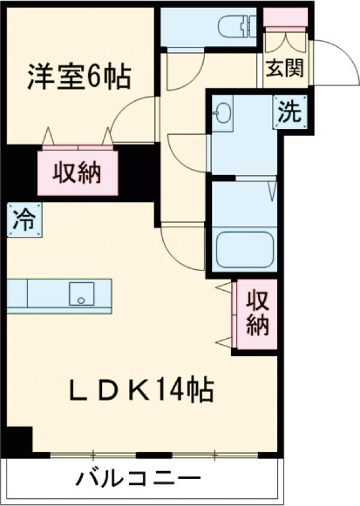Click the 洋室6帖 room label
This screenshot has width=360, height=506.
[x=79, y=77]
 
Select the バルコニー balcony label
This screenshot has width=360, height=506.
[x=138, y=478]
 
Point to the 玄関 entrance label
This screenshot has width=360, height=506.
[x=285, y=68]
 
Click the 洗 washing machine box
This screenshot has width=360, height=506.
[x=290, y=112]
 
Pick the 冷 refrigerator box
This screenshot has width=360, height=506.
[x=25, y=220]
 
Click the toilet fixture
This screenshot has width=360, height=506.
[x=238, y=26]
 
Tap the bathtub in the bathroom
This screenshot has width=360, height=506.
[x=245, y=249]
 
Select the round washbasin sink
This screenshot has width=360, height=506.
[x=223, y=113]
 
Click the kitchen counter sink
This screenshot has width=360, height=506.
[x=81, y=294]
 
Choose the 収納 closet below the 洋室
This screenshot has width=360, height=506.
[x=77, y=173]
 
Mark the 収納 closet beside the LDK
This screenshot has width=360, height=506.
[x=257, y=314]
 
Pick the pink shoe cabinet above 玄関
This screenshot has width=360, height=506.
[x=286, y=17]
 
